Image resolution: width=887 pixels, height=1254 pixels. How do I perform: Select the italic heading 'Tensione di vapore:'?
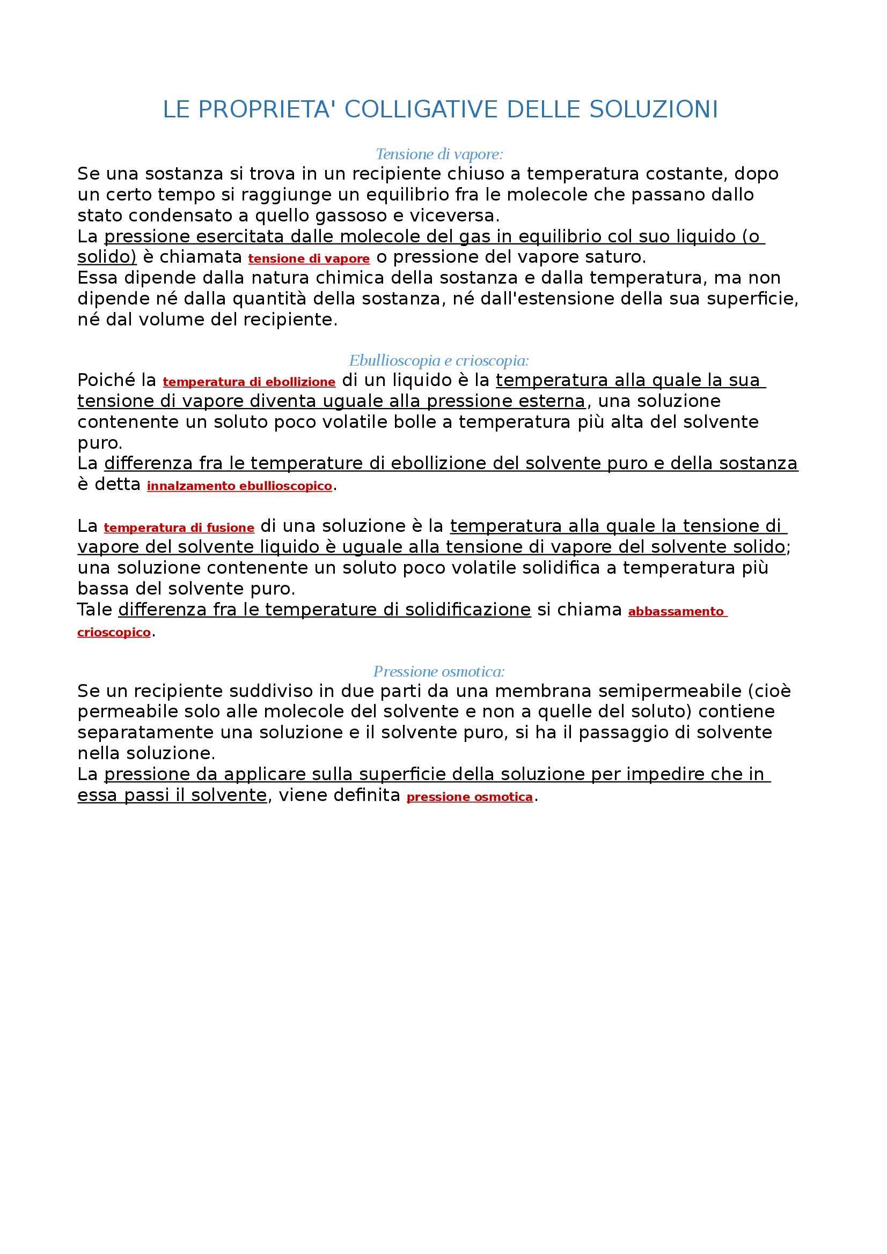click(439, 154)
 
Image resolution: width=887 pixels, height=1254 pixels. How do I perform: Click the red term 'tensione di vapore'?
click(309, 259)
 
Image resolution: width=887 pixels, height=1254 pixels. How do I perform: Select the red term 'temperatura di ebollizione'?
click(249, 382)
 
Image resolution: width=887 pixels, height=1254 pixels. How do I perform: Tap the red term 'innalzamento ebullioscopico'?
click(239, 486)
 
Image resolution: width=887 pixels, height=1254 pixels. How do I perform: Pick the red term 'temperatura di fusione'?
click(179, 528)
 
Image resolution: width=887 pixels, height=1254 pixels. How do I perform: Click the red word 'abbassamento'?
click(676, 612)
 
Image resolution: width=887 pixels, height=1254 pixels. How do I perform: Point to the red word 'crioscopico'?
click(114, 633)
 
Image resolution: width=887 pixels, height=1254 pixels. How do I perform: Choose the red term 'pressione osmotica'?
click(470, 797)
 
